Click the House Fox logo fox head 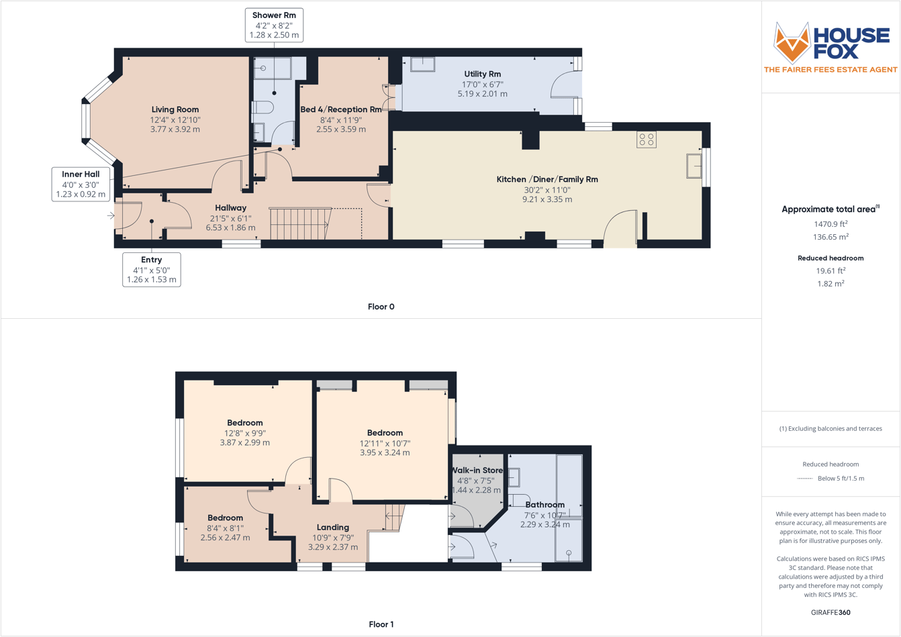[792, 43]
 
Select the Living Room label [175, 109]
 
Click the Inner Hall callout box [81, 184]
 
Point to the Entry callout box [152, 269]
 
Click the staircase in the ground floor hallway [300, 224]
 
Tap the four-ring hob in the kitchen [647, 140]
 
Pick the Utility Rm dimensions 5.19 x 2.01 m [483, 94]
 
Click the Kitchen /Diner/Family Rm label [547, 179]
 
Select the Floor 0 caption [381, 307]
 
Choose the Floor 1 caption [381, 624]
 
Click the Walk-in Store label [477, 471]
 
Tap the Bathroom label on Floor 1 [544, 505]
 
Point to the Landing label [333, 528]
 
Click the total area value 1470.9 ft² [831, 224]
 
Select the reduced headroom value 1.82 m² [831, 284]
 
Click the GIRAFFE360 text [831, 612]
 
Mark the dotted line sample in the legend [804, 479]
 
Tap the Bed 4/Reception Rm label [341, 109]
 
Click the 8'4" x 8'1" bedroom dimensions [225, 528]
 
